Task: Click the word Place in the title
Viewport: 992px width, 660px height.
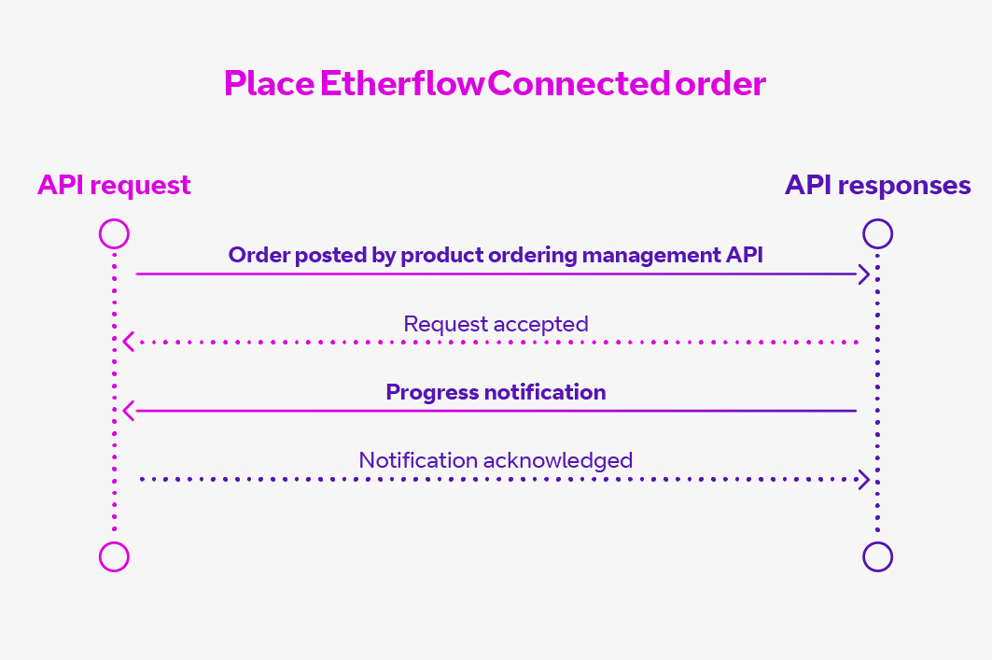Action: (269, 84)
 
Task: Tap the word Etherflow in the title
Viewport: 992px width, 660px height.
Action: (402, 84)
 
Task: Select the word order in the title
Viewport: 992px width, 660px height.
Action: (721, 84)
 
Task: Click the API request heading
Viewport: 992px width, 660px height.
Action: (114, 185)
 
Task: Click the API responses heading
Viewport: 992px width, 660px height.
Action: (877, 185)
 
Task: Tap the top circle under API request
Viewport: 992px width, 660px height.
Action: (114, 233)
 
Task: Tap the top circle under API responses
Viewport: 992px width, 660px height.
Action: (878, 233)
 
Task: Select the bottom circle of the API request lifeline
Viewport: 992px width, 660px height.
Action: (114, 556)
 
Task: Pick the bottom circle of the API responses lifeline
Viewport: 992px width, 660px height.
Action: (878, 556)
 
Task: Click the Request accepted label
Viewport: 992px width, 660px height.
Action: (496, 324)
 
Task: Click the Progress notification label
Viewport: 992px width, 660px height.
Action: (496, 392)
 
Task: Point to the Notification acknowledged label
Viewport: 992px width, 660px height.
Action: (496, 460)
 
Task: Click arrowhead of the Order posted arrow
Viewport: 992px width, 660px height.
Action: (865, 274)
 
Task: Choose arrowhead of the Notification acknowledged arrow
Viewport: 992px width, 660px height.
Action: (865, 479)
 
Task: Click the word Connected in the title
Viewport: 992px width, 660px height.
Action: (579, 84)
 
